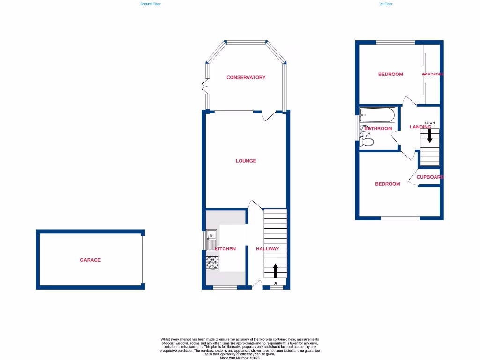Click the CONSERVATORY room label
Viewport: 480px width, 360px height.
click(246, 78)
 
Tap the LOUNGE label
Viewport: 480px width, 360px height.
click(246, 161)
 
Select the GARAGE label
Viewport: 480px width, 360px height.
click(90, 260)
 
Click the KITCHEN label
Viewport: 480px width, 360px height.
click(225, 249)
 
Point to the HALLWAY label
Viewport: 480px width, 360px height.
click(267, 249)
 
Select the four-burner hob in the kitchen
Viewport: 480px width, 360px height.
click(212, 263)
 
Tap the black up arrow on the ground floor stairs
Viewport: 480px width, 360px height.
click(275, 271)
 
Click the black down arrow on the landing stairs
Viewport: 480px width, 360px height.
click(429, 136)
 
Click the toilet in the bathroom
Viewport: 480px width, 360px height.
click(366, 142)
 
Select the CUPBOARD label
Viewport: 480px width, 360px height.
click(430, 177)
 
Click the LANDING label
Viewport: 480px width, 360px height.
click(420, 127)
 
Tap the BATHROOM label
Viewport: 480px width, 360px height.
click(378, 128)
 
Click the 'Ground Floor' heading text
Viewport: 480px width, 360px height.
click(150, 4)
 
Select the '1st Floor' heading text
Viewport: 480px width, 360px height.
click(385, 4)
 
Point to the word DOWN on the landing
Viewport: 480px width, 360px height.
click(429, 123)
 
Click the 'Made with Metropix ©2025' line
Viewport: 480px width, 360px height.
click(240, 358)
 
